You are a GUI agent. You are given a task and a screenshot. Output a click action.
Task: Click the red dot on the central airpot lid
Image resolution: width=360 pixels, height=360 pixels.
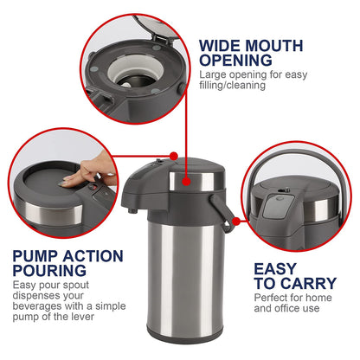174,157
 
